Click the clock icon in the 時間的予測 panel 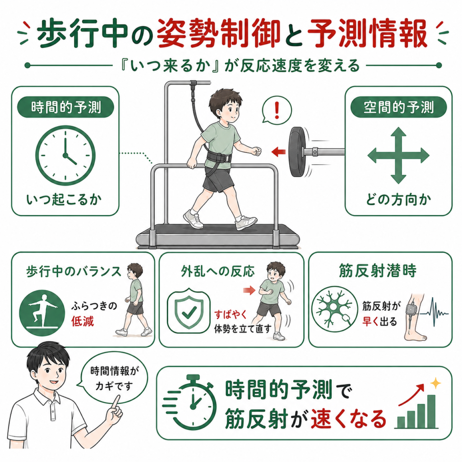coord(65,155)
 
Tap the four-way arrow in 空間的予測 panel coord(398,155)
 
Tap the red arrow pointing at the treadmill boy coord(278,152)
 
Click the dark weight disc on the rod coord(298,152)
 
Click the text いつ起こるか coord(64,200)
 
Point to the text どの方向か coord(398,200)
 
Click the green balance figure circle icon coord(42,313)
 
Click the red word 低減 coord(82,321)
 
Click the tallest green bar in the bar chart coord(431,411)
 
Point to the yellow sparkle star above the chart coord(435,383)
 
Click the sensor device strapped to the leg coord(411,310)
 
